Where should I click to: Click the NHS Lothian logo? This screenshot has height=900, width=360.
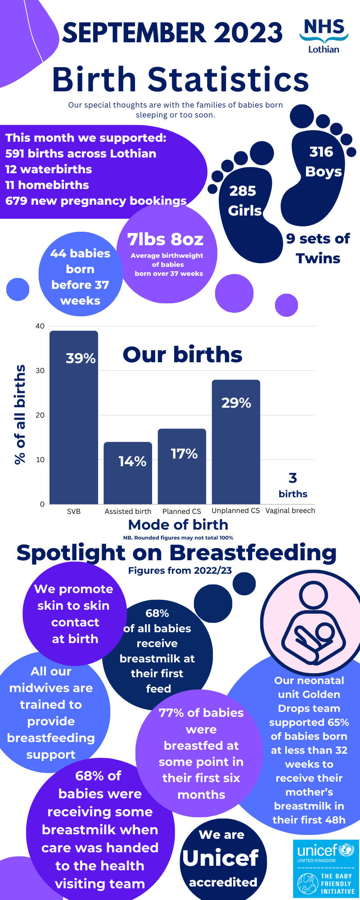click(324, 36)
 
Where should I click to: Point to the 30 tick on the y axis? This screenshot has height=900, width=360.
click(40, 371)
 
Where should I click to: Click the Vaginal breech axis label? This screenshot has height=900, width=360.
click(290, 511)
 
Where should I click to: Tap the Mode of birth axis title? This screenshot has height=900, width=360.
click(178, 525)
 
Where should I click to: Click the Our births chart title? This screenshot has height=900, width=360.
click(182, 355)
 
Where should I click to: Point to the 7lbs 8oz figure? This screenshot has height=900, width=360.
click(165, 239)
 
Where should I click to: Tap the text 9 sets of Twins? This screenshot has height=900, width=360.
click(318, 248)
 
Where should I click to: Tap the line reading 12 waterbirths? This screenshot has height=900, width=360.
click(49, 169)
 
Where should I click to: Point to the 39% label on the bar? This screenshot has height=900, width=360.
click(81, 358)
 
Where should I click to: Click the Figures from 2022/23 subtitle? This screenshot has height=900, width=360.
click(180, 571)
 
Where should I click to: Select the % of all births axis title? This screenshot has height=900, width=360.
click(20, 414)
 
